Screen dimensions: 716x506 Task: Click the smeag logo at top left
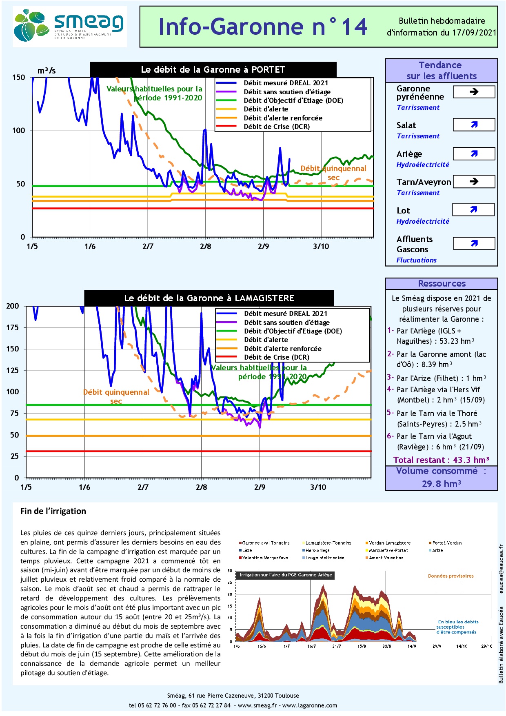[x=69, y=26]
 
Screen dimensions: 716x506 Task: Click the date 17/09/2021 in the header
[x=474, y=33]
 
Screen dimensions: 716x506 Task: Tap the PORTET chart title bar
[x=213, y=69]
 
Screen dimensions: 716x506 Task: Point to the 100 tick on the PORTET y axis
[x=19, y=131]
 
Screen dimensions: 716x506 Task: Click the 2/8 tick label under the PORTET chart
[x=205, y=247]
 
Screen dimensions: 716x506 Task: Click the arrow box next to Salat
[x=474, y=125]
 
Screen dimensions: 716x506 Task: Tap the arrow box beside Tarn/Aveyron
[x=474, y=181]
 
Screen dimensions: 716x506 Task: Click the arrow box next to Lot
[x=473, y=209]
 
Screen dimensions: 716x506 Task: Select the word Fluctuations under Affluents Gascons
[x=416, y=260]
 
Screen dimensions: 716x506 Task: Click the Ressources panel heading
[x=442, y=284]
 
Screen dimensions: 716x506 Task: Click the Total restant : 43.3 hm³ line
[x=441, y=460]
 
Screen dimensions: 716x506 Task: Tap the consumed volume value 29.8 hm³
[x=441, y=484]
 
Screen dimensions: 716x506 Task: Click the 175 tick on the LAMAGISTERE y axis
[x=12, y=328]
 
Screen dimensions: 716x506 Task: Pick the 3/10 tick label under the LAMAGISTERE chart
[x=318, y=487]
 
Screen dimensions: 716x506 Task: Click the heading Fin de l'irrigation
[x=53, y=511]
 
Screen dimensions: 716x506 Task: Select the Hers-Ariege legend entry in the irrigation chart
[x=317, y=550]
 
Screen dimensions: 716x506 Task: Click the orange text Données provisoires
[x=451, y=576]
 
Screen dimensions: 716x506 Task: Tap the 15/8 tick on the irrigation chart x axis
[x=362, y=646]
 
